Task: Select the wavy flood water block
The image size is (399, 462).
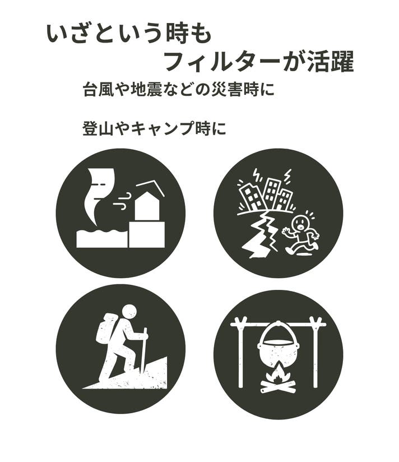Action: point(102,238)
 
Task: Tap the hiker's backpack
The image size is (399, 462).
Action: point(106,328)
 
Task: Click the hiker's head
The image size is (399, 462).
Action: point(129,312)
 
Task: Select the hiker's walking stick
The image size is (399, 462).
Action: point(143,352)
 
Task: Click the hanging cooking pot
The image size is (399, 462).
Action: point(278,346)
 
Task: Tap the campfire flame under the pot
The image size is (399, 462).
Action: point(277,373)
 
